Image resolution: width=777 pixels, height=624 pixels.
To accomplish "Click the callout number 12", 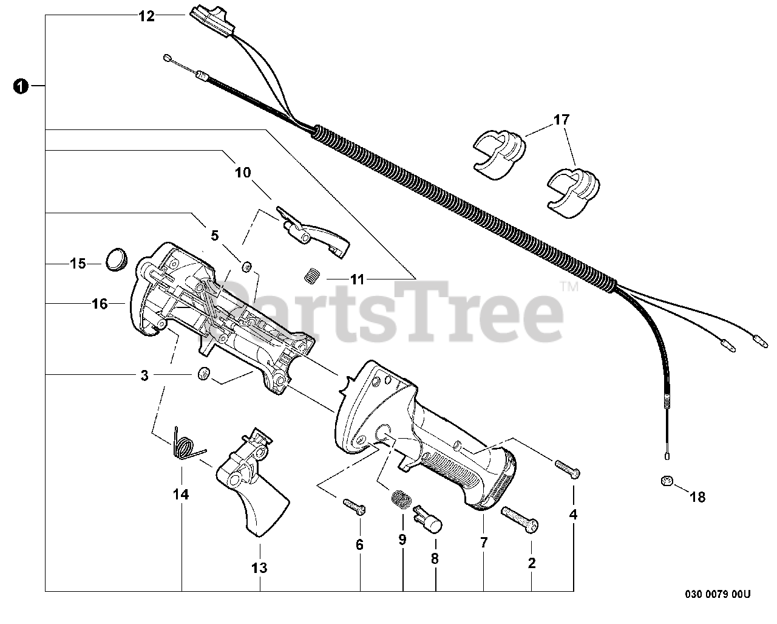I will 146,17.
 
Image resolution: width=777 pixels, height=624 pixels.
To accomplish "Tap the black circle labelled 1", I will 21,87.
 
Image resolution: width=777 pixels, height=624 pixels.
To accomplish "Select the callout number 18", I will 698,497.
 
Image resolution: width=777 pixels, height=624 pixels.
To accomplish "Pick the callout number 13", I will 259,568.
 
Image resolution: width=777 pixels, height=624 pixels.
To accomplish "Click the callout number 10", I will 242,173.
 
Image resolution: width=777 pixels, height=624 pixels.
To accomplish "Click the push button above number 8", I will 429,518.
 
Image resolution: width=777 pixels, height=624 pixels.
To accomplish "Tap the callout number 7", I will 484,543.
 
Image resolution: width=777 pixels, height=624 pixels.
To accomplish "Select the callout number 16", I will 100,303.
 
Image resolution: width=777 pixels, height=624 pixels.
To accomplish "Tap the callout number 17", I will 562,120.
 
